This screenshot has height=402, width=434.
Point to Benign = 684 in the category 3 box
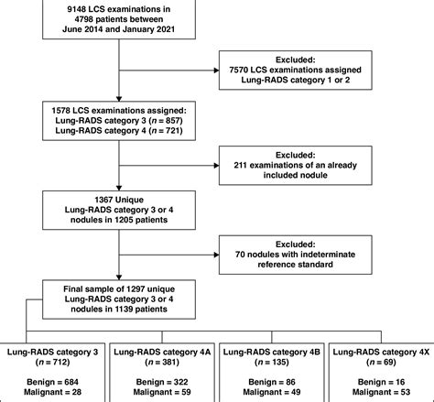click(x=58, y=378)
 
